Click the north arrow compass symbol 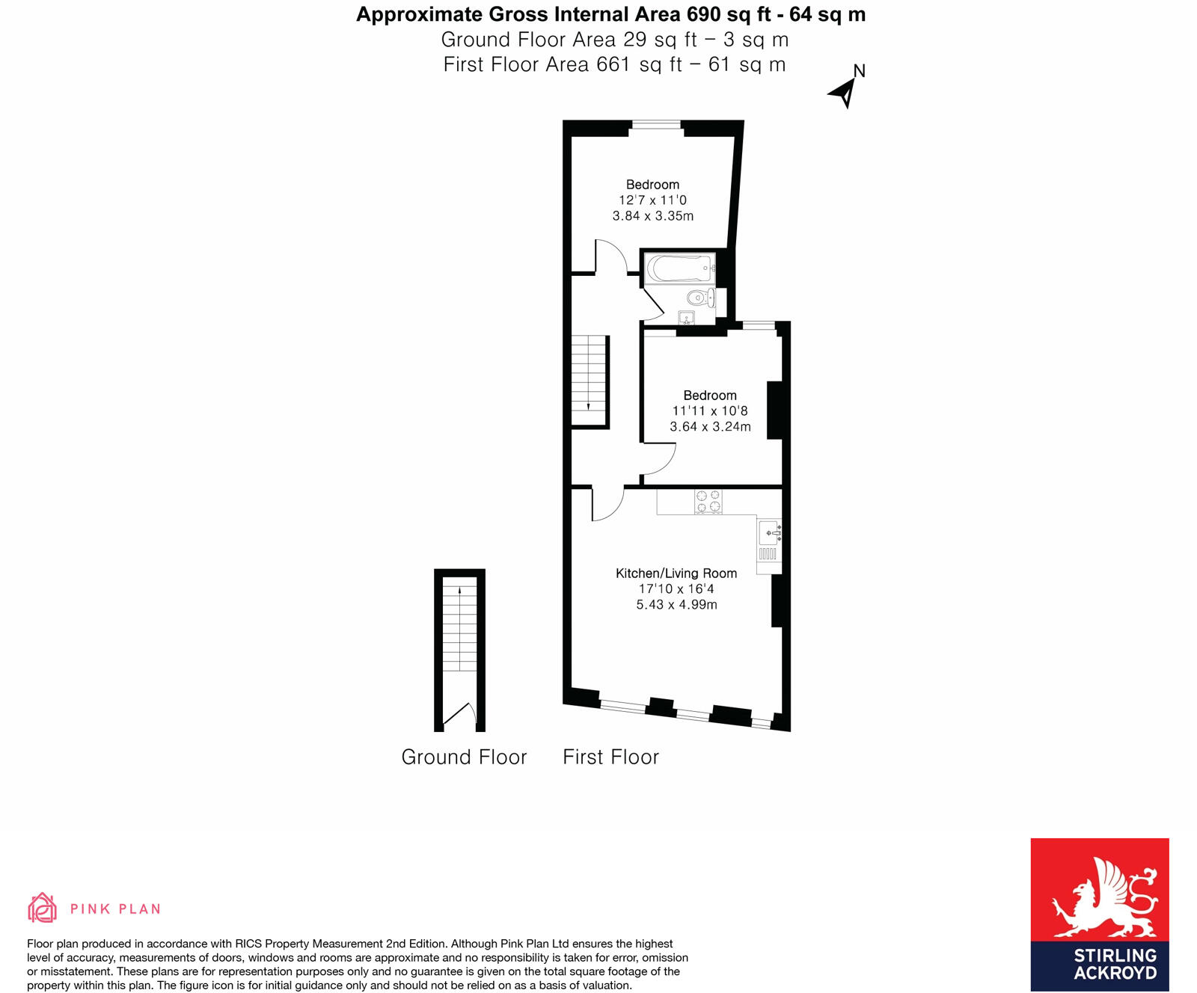844,92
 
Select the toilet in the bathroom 699,298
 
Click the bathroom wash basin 686,318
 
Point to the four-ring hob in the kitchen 708,501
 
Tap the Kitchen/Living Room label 676,574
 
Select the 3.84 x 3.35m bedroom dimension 652,216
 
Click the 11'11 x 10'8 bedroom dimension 709,411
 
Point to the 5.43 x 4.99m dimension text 676,605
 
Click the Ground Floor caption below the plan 464,757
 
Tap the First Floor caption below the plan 610,757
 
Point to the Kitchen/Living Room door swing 607,503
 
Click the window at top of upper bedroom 656,125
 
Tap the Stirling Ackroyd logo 1099,914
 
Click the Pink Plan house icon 42,908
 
